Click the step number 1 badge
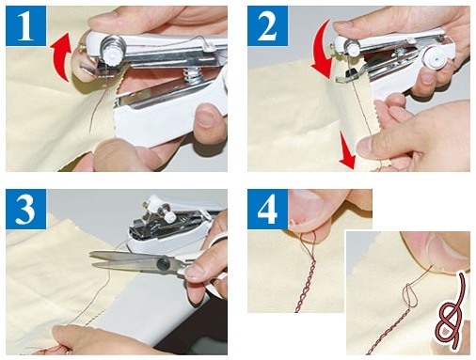click(26, 26)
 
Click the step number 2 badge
click(267, 26)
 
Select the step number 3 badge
click(26, 210)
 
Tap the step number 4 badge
click(267, 210)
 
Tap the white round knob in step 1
click(112, 53)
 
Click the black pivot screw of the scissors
click(164, 263)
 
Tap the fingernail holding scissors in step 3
click(192, 273)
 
